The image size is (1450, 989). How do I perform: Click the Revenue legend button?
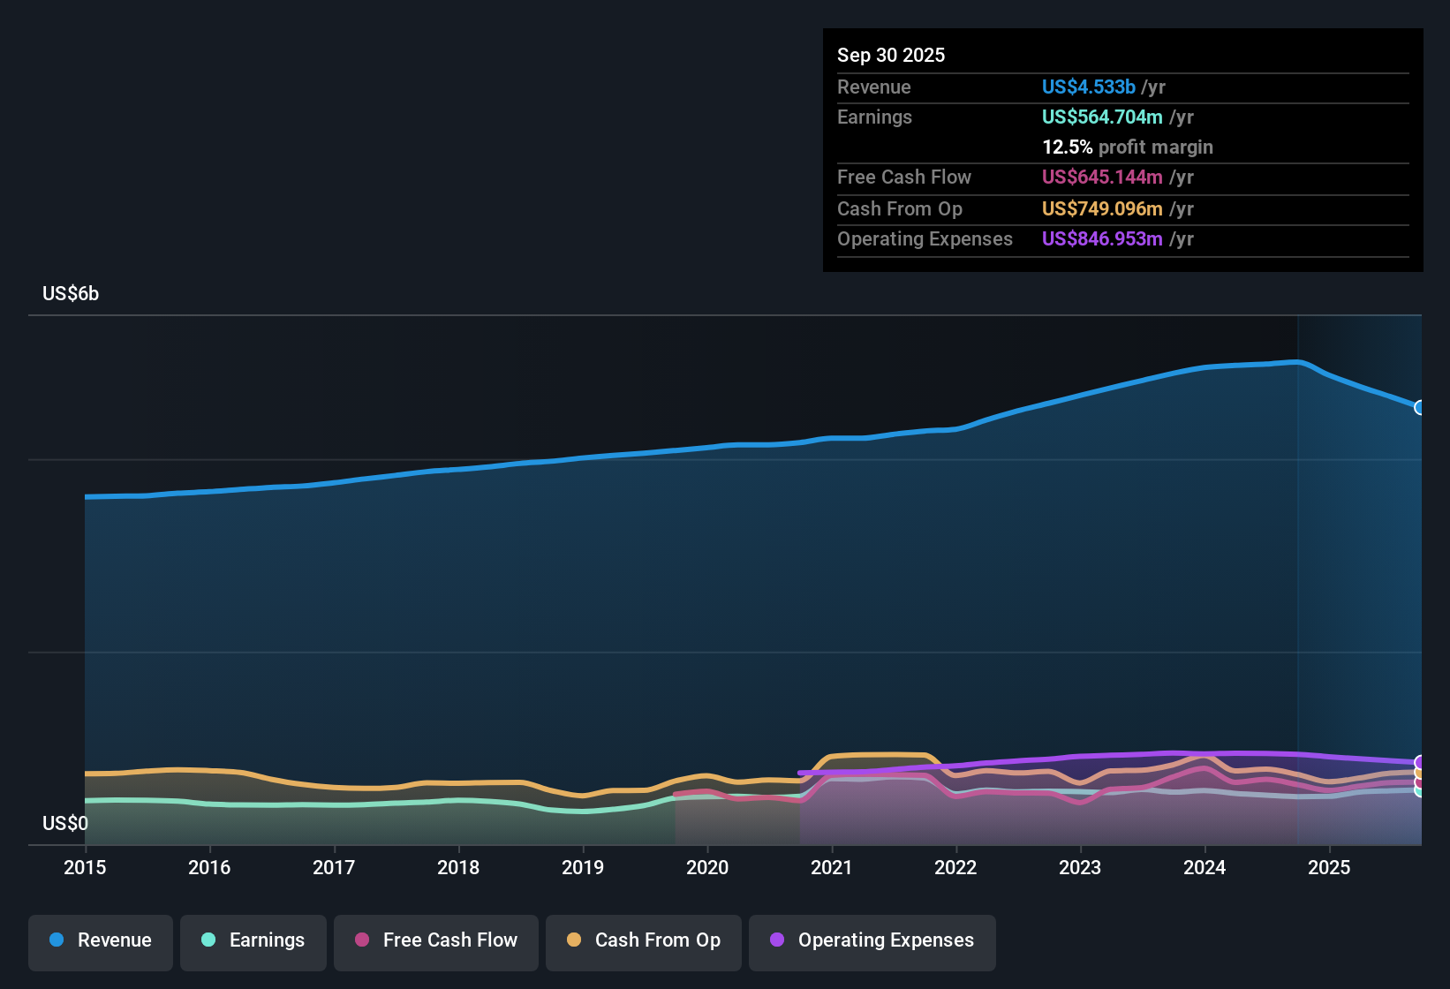coord(101,941)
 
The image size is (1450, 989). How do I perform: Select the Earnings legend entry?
coord(253,941)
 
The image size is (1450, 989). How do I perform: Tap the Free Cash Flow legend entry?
coord(436,941)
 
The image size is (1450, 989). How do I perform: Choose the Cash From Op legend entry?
coord(644,941)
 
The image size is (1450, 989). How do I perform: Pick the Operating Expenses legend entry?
coord(872,941)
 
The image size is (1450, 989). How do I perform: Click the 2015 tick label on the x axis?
coord(85,868)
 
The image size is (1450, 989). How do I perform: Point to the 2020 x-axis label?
coord(707,868)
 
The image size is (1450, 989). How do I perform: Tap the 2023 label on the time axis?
coord(1080,868)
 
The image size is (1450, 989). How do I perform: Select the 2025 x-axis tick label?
coord(1329,868)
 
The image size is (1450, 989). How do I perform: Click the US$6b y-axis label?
coord(71,294)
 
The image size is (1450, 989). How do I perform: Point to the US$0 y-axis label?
coord(65,824)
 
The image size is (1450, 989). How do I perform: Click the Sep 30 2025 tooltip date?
coord(891,56)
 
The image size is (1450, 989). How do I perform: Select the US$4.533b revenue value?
coord(1088,87)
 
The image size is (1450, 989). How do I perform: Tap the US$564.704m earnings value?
coord(1101,117)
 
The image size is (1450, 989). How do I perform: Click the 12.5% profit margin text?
coord(1127,147)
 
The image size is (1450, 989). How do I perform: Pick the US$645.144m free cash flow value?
coord(1101,177)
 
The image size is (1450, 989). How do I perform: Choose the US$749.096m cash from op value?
coord(1101,209)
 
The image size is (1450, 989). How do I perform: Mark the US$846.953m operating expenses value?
coord(1101,239)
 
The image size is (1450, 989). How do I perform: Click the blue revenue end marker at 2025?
coord(1420,407)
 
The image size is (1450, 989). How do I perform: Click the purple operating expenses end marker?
coord(1420,762)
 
